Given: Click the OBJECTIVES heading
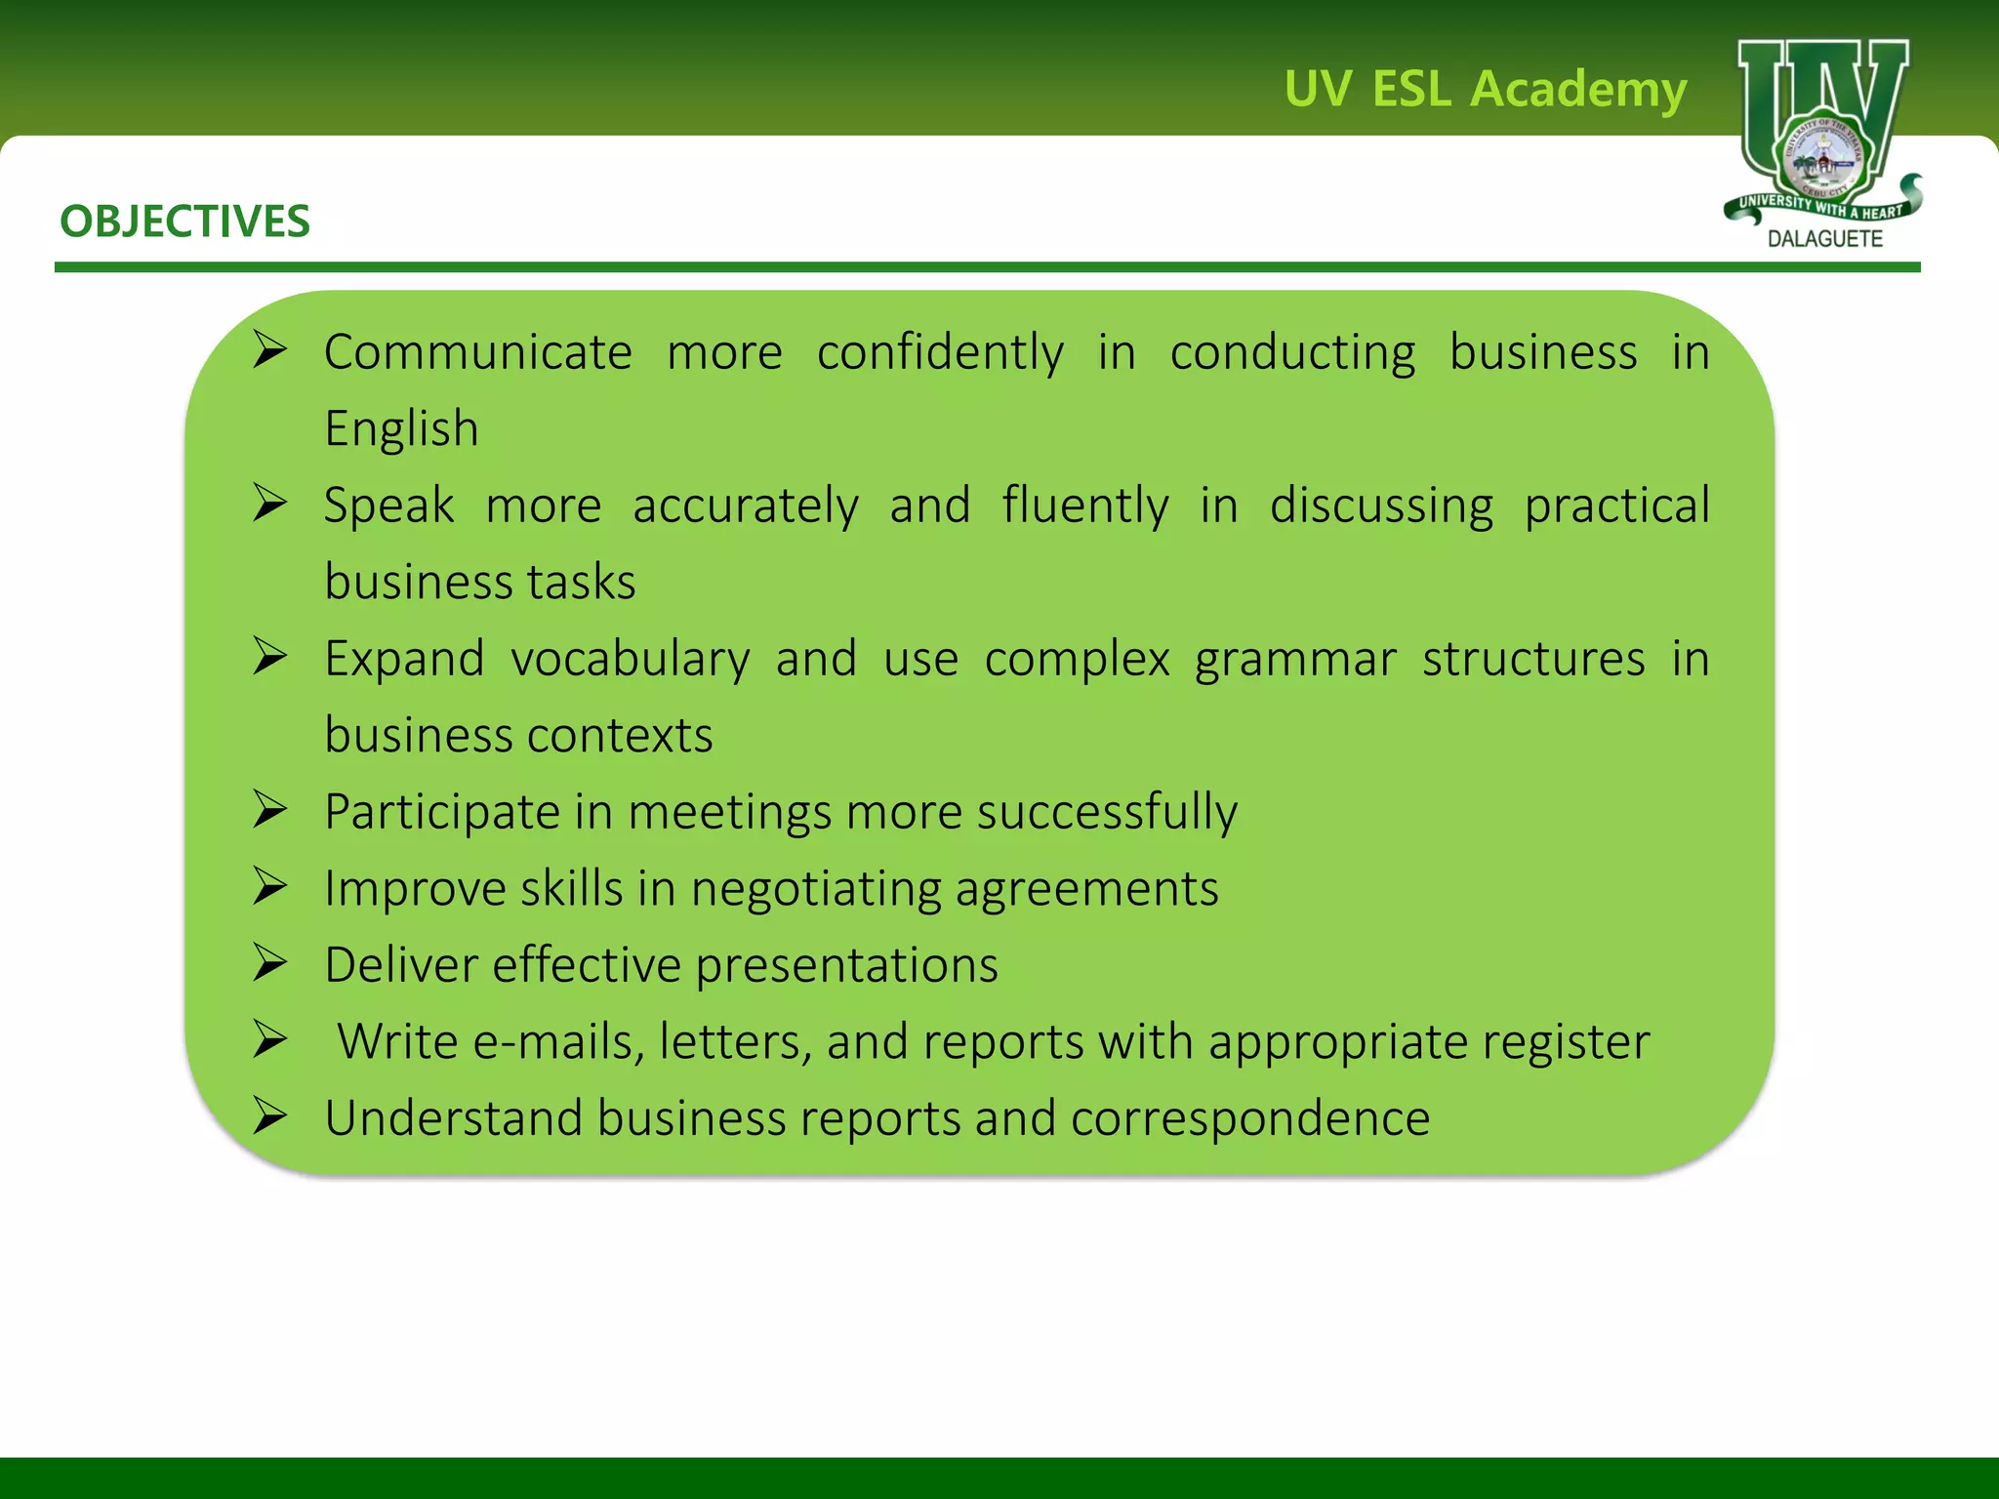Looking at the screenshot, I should coord(184,222).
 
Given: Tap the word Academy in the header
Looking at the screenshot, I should coord(1577,90).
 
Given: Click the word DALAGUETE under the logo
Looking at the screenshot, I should coord(1824,239).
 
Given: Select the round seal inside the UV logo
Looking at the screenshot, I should coord(1823,157).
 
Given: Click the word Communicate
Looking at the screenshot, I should coord(477,352).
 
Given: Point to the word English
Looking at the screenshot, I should coord(401,428).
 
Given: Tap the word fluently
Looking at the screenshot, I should coord(1084,506).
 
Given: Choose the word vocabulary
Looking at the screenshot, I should coord(631,659).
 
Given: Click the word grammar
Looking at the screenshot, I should coord(1295,659).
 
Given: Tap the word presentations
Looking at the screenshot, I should coord(846,965).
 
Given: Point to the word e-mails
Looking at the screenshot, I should coord(557,1041).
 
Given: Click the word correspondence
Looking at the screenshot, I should coord(1249,1118).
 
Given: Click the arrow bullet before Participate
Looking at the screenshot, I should coord(269,810).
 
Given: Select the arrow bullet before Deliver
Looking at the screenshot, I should coord(269,963).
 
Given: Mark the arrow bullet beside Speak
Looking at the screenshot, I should coord(269,504).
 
